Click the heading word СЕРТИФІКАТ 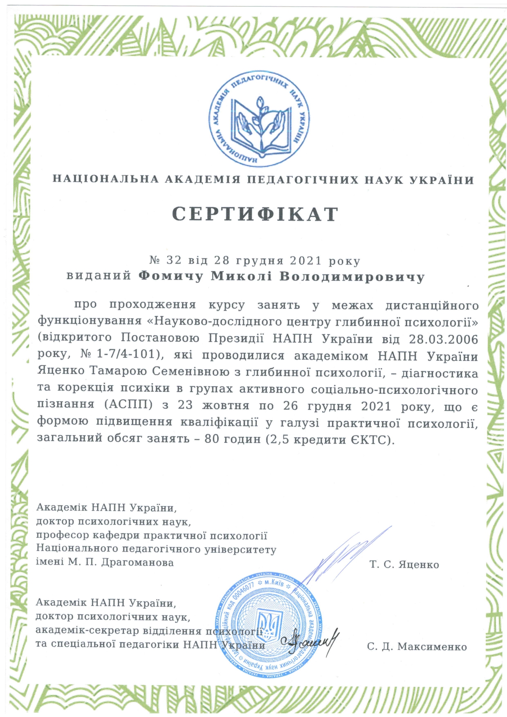click(255, 214)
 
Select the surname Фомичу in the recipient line click(171, 277)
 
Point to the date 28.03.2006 click(444, 339)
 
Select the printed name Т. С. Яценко click(404, 565)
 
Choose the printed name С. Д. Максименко click(417, 647)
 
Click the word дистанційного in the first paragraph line click(432, 306)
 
